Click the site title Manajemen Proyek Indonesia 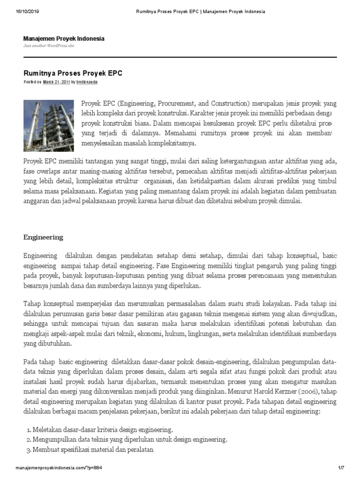tap(64, 38)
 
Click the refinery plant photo tap(49, 123)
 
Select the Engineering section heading tap(43, 237)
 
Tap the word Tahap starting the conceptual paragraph tap(32, 303)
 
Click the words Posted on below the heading tap(32, 82)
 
